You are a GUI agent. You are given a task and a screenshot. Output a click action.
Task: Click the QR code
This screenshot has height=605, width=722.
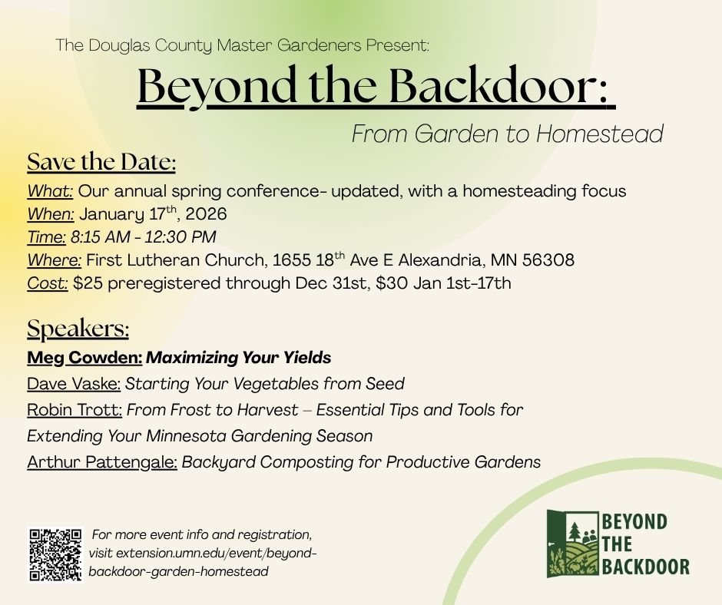pos(55,554)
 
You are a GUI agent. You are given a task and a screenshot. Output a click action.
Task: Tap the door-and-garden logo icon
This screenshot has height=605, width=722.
pos(573,544)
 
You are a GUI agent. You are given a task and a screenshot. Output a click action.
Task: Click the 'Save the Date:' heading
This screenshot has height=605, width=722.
pos(101,162)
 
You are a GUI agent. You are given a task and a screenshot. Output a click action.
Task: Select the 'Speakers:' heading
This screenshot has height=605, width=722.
pos(78,329)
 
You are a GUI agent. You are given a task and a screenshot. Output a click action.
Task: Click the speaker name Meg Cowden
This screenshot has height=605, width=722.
pos(84,358)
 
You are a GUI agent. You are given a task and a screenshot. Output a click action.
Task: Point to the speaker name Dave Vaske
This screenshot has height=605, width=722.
pos(74,384)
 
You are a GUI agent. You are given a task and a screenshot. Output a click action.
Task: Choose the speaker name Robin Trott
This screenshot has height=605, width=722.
pos(75,410)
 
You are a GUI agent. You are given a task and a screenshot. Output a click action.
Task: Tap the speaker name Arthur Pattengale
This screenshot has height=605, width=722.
pos(102,462)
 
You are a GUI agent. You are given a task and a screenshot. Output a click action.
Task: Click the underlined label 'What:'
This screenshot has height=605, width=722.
pos(50,191)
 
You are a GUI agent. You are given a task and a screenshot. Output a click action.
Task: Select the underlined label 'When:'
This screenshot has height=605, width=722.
pos(51,214)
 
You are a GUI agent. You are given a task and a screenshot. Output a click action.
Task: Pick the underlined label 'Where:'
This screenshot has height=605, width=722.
pos(55,260)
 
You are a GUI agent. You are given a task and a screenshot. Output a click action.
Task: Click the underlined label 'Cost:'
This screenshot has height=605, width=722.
pos(48,283)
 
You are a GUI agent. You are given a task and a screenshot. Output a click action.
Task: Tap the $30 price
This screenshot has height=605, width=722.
pos(392,283)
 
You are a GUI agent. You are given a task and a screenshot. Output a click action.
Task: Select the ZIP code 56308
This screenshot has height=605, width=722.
pos(548,260)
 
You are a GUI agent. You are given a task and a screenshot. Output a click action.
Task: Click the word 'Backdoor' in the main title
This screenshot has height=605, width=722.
pos(498,86)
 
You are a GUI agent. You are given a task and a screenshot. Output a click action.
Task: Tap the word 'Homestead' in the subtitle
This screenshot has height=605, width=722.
pos(600,134)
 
